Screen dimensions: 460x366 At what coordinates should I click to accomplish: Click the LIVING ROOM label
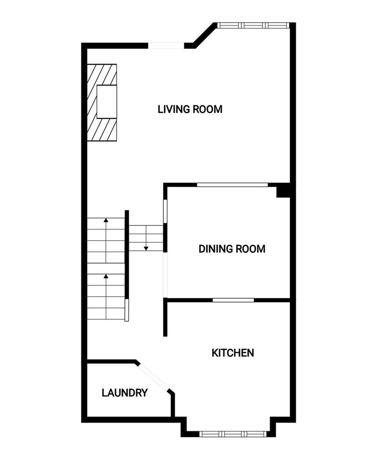tap(190, 110)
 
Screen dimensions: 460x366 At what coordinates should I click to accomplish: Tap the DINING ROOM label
tap(232, 249)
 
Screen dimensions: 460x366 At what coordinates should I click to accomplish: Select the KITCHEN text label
tap(233, 353)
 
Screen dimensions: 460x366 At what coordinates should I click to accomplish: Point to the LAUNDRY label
tap(125, 393)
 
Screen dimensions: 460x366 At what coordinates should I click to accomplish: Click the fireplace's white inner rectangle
tap(107, 102)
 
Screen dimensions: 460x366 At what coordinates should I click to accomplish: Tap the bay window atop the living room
tap(253, 25)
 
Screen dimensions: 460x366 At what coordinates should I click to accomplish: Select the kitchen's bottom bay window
tap(232, 434)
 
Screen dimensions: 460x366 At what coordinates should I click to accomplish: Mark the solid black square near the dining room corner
tap(283, 191)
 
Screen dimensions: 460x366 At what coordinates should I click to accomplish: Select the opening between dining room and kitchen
tap(233, 300)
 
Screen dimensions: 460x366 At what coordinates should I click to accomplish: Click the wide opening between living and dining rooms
tap(232, 185)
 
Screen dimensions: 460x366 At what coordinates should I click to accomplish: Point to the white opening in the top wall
tap(166, 46)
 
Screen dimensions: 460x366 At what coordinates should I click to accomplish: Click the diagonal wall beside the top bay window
tap(204, 36)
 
